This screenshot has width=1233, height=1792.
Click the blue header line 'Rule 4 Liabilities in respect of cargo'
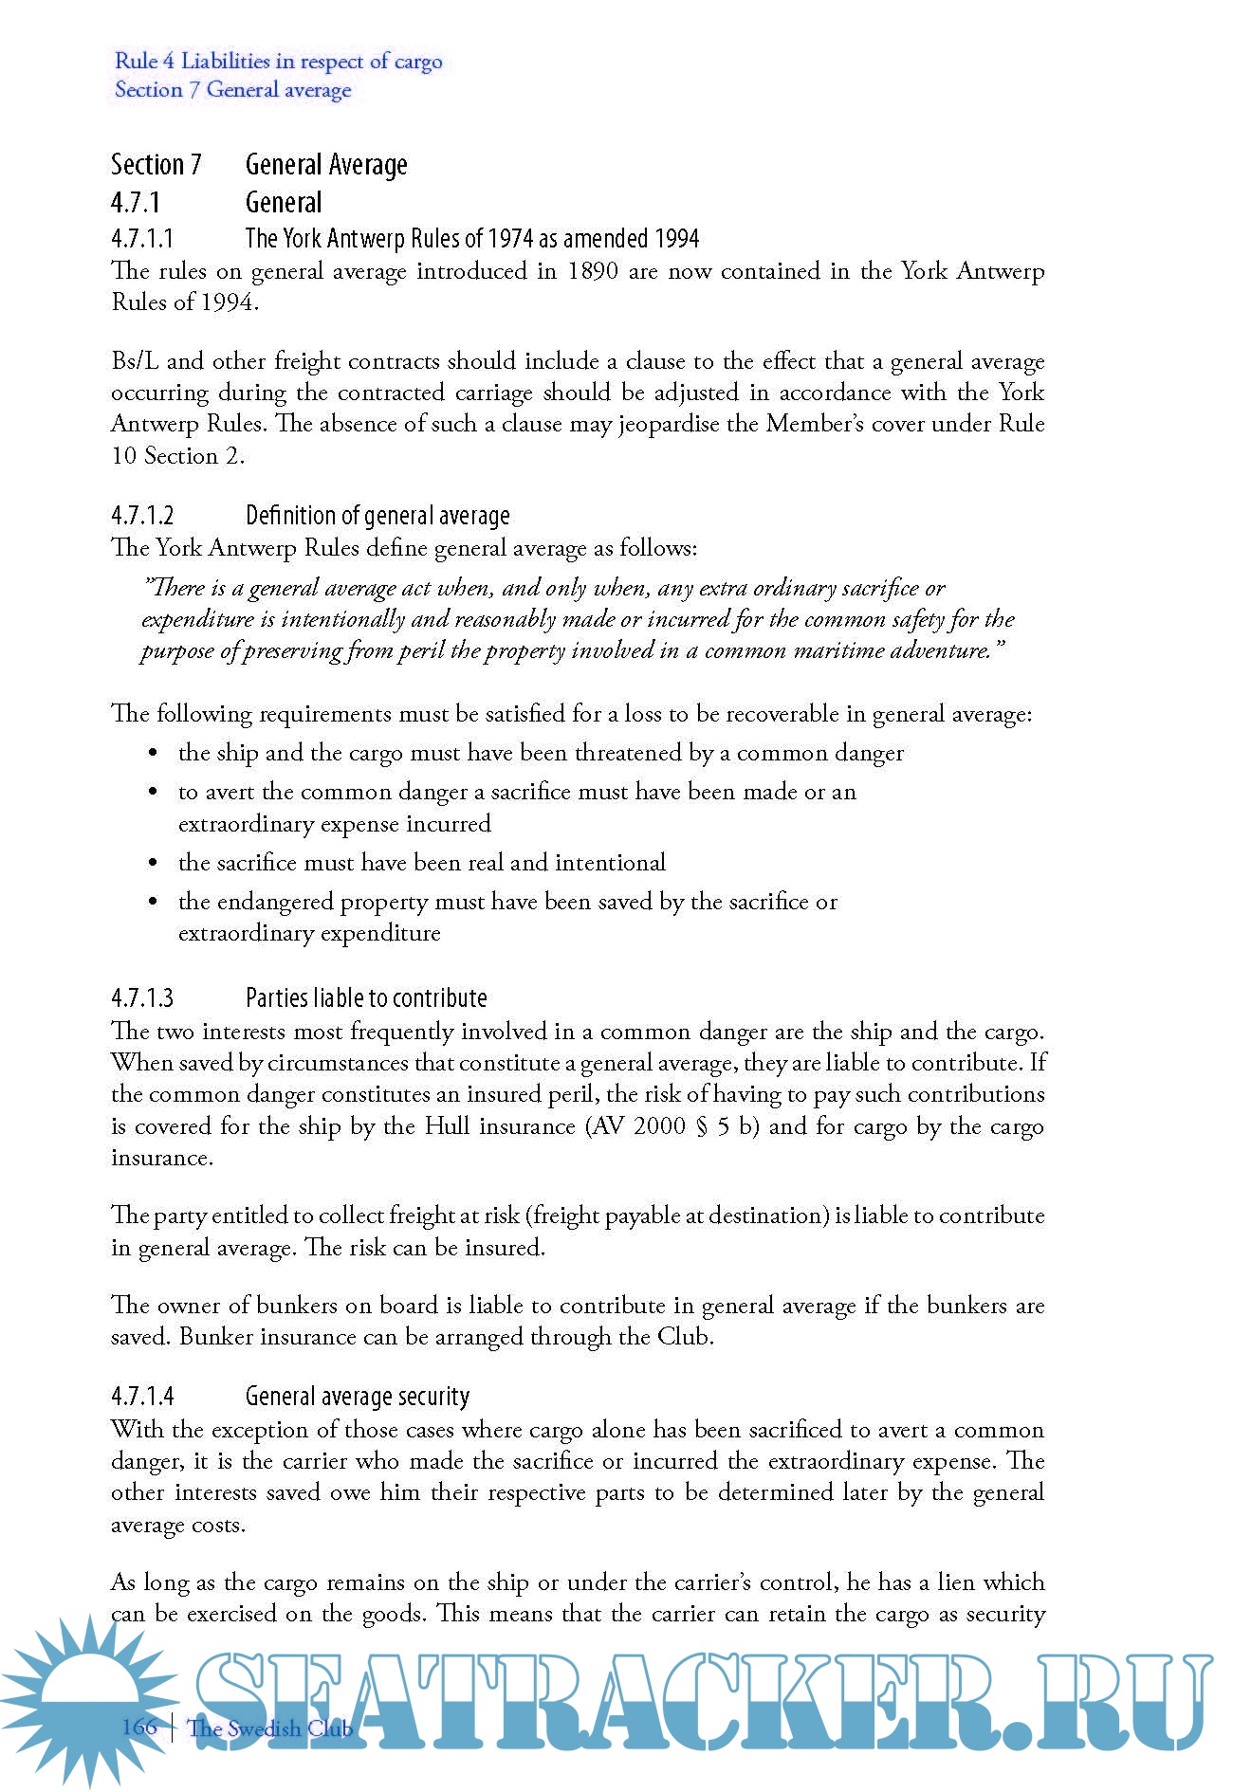(278, 62)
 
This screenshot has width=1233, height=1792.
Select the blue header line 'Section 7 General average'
(232, 90)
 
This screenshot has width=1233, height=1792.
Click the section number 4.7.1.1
(142, 237)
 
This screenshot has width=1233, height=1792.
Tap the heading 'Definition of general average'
(377, 516)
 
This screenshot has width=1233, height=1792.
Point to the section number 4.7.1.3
(142, 998)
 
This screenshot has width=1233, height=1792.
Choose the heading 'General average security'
(358, 1397)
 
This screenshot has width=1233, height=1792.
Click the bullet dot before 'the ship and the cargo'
(153, 754)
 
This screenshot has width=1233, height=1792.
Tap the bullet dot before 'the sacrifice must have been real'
(153, 864)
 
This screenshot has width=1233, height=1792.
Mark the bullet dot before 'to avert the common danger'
(153, 793)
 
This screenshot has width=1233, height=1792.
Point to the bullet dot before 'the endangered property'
(153, 903)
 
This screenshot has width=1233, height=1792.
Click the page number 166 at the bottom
(139, 1727)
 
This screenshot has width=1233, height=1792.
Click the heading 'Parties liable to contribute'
(366, 998)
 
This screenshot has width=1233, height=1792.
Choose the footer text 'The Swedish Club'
(270, 1728)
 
